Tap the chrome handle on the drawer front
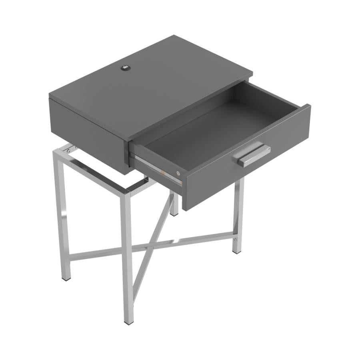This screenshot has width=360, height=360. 254,155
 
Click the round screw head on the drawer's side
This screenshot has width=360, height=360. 178,173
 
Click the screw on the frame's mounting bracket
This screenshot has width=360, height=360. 70,150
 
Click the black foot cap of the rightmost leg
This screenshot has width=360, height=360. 238,252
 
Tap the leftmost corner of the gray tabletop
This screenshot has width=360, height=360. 50,96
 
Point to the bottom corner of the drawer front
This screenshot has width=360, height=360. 185,210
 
